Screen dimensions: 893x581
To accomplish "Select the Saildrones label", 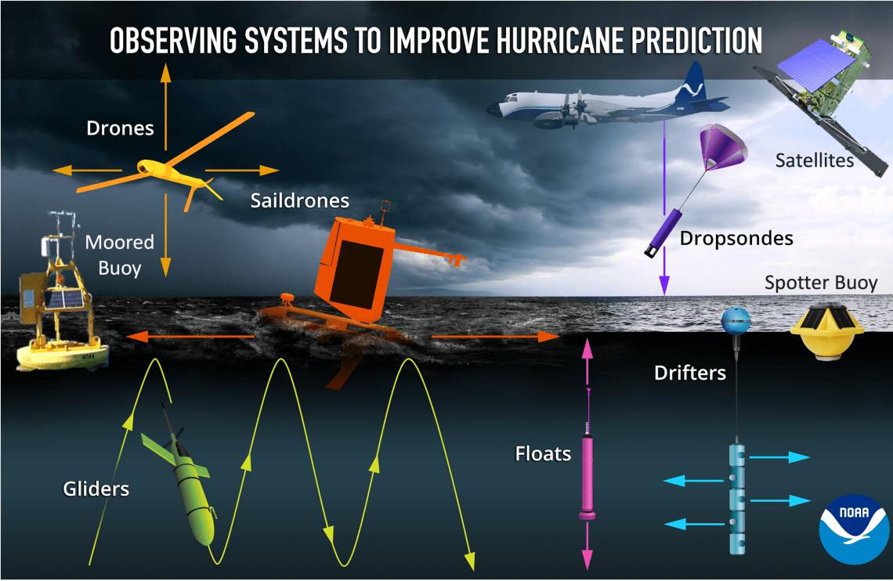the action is click(299, 200).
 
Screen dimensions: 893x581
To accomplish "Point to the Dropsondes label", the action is click(736, 238).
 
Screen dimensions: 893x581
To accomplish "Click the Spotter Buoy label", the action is click(821, 283).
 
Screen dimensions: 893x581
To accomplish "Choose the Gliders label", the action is click(96, 489).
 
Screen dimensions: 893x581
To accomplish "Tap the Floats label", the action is click(543, 453).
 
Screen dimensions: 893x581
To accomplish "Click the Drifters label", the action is click(689, 373).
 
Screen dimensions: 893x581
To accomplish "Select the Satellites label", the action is click(815, 161).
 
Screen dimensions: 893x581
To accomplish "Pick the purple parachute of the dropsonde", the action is click(722, 146).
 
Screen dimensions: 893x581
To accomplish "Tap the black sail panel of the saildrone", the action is click(357, 275).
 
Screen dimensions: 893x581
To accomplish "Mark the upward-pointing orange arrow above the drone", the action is click(165, 106).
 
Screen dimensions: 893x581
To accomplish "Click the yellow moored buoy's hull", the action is click(62, 354).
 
